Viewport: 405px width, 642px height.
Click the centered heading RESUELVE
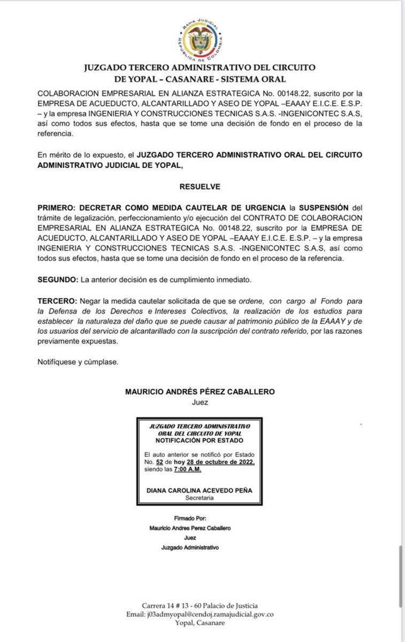click(200, 187)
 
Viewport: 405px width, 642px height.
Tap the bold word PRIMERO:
click(57, 207)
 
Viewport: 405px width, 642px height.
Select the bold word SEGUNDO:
click(57, 280)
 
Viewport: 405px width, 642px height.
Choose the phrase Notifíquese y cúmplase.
click(78, 362)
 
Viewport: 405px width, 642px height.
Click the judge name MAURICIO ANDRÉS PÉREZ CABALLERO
click(200, 392)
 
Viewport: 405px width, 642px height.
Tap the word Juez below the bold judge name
click(200, 401)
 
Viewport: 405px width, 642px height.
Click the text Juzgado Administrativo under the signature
click(190, 547)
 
